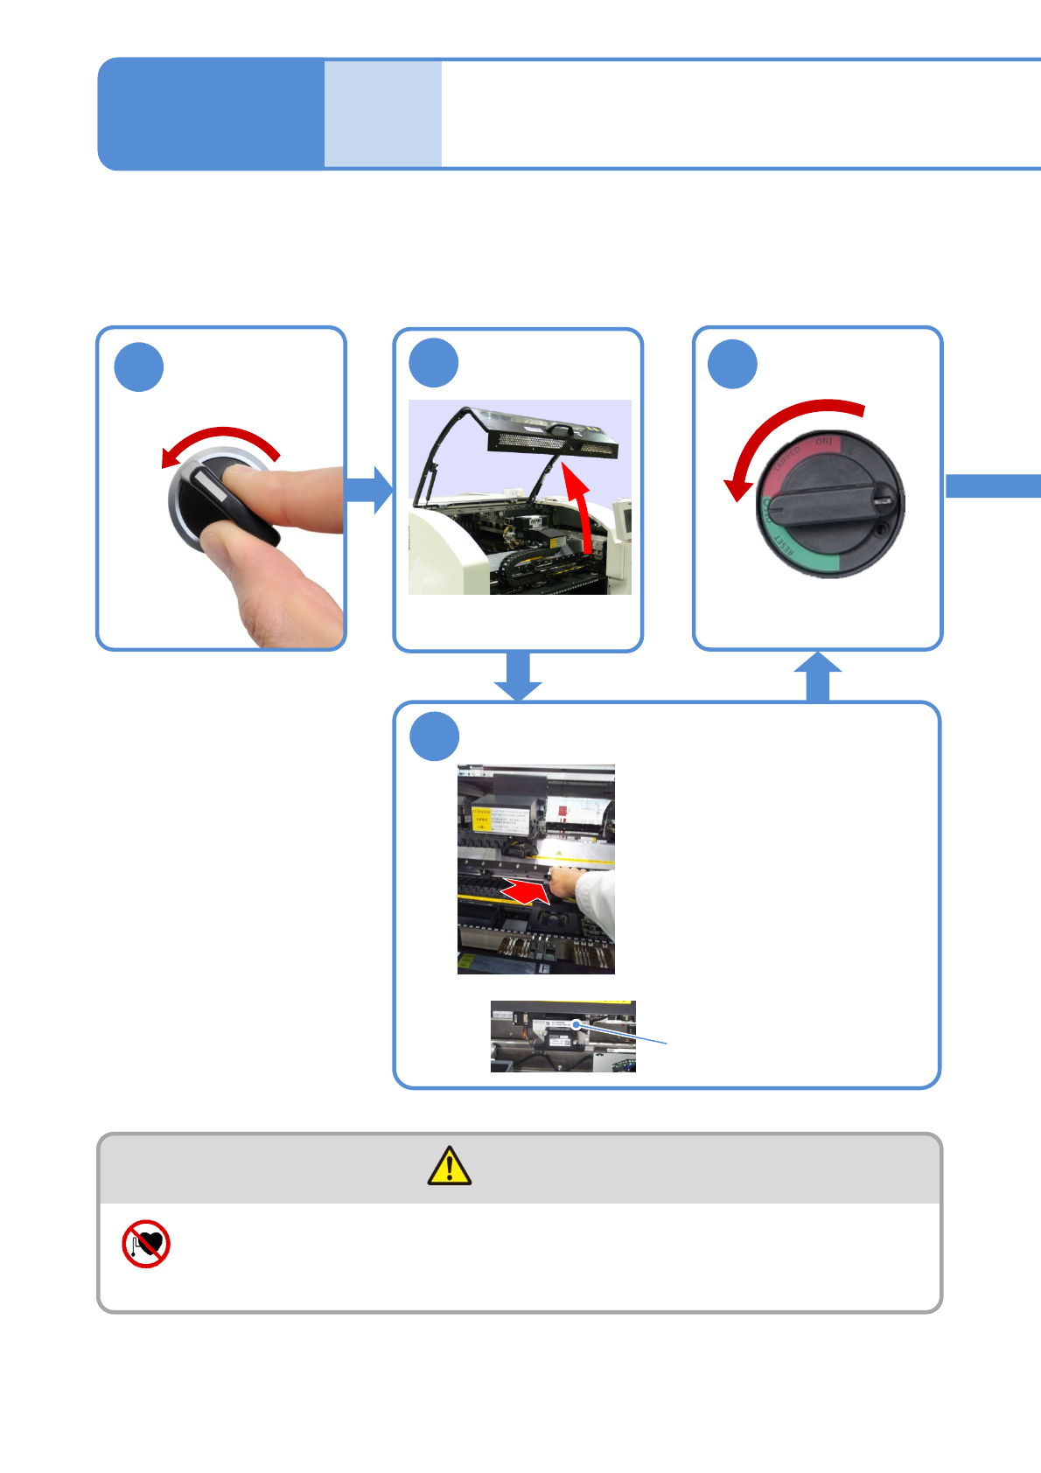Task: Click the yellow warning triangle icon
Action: point(449,1166)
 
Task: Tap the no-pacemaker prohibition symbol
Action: point(146,1244)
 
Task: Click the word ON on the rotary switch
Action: point(823,442)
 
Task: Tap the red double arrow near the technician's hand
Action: point(525,891)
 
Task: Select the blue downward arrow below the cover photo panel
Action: point(518,676)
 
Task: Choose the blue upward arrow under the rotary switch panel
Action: point(818,676)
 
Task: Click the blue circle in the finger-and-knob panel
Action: point(139,367)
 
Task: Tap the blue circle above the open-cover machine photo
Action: point(434,363)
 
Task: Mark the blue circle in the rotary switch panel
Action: point(732,364)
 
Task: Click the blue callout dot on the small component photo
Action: point(576,1024)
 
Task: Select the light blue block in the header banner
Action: point(383,114)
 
